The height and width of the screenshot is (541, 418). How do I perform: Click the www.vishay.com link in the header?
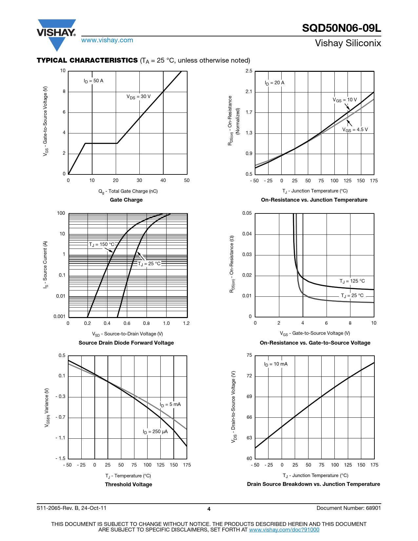(x=107, y=40)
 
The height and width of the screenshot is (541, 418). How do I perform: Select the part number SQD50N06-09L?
(x=341, y=28)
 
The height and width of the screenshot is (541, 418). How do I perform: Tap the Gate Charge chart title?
(x=126, y=200)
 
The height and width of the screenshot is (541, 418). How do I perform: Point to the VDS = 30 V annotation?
(x=139, y=97)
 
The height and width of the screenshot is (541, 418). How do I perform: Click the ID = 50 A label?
(x=93, y=81)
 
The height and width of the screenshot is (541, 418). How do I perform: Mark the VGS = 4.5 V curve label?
(x=355, y=130)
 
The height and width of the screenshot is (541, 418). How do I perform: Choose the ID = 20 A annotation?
(x=274, y=83)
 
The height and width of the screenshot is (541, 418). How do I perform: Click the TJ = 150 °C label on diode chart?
(x=102, y=245)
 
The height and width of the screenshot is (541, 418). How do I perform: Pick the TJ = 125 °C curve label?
(x=352, y=281)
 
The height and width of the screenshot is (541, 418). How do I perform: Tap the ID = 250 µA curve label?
(x=155, y=432)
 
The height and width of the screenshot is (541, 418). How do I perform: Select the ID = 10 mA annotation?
(x=276, y=364)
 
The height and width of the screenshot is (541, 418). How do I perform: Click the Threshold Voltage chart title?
(x=129, y=485)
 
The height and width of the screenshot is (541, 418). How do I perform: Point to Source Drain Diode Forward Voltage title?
(x=126, y=343)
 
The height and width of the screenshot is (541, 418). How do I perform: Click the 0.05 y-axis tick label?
(x=247, y=213)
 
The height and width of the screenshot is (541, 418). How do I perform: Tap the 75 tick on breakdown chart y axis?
(x=249, y=355)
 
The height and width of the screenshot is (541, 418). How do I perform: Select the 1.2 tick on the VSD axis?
(x=186, y=324)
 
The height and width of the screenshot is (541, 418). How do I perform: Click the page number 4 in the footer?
(x=209, y=509)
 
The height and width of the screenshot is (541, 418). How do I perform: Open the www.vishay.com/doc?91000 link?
(x=284, y=530)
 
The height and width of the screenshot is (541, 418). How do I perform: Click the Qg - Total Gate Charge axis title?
(x=128, y=191)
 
